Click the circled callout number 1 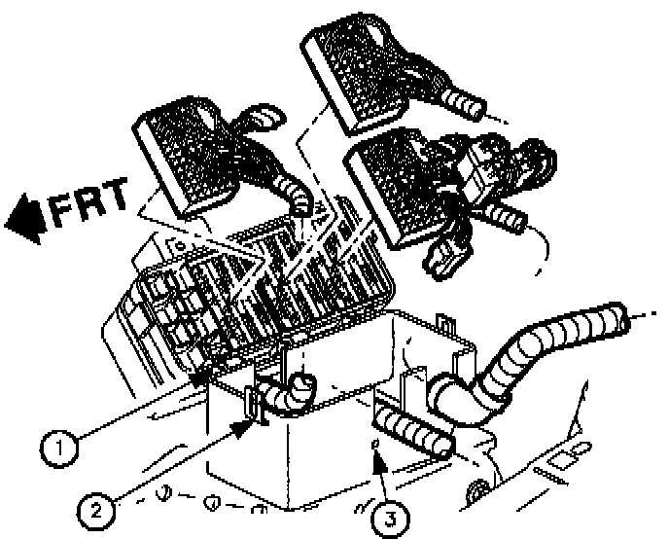pos(60,449)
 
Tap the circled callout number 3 pos(390,516)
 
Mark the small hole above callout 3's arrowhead pos(373,445)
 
